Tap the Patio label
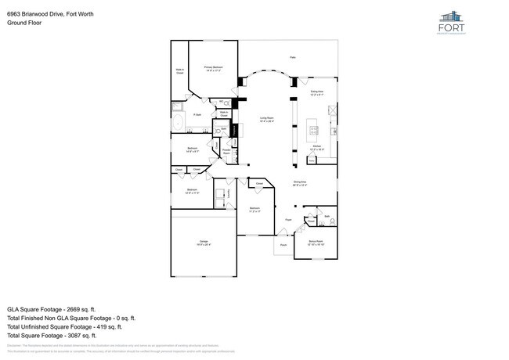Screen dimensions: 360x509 (293, 57)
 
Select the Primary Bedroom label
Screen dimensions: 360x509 (214, 69)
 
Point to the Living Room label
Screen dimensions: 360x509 (266, 120)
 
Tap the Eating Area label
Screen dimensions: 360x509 (317, 94)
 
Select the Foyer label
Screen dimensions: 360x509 (288, 221)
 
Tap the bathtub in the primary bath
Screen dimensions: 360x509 (178, 124)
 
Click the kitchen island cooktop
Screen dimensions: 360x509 (316, 129)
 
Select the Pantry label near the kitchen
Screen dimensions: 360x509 (311, 160)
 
